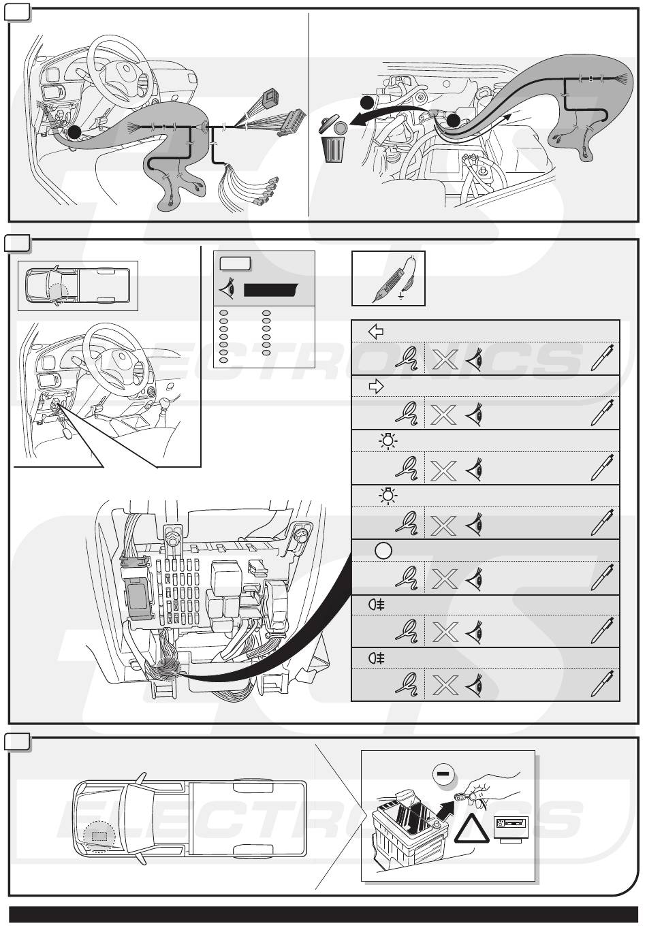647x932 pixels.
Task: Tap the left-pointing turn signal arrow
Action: click(x=375, y=332)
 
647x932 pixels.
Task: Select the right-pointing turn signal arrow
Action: click(x=375, y=387)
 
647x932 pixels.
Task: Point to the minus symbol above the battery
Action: click(x=443, y=773)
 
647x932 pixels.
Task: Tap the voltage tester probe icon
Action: click(x=388, y=278)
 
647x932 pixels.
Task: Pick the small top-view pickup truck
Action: click(x=78, y=285)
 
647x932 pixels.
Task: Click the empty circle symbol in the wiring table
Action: click(x=383, y=550)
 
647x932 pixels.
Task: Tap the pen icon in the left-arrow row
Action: click(x=602, y=358)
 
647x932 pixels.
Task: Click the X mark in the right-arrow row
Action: click(x=444, y=413)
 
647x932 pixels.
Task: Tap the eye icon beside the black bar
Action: click(x=227, y=290)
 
